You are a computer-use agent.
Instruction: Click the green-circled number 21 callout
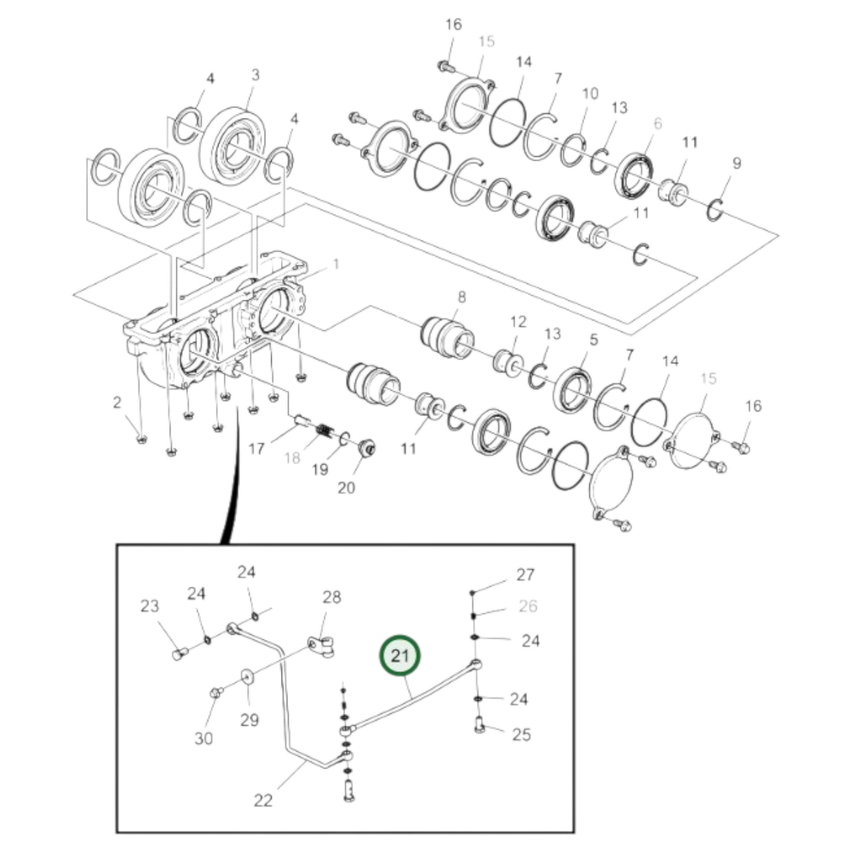click(401, 656)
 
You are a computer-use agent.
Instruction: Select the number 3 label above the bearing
click(255, 75)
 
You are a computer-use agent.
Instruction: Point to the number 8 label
click(461, 297)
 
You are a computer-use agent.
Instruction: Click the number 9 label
click(736, 163)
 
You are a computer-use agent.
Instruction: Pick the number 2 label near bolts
click(117, 403)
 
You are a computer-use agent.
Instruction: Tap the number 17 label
click(256, 449)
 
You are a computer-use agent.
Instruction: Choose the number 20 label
click(347, 488)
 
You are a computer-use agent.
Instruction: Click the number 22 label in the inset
click(263, 800)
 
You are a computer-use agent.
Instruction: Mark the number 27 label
click(525, 574)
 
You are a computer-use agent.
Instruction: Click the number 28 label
click(331, 597)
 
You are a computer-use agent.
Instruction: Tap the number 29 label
click(249, 720)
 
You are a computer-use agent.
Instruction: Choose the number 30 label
click(203, 738)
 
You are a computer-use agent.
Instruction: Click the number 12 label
click(518, 321)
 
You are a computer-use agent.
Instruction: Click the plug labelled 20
click(367, 448)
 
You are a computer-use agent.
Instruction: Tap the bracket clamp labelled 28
click(322, 646)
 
